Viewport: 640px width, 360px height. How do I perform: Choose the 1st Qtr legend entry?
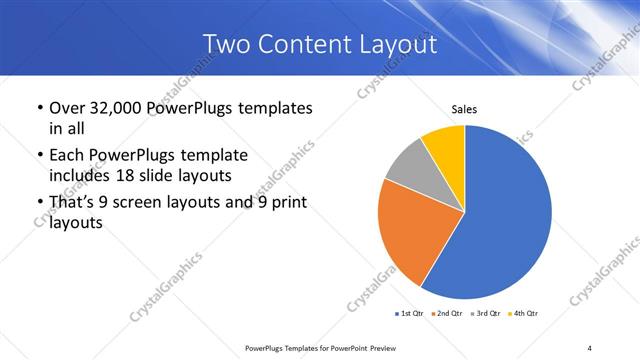coord(409,314)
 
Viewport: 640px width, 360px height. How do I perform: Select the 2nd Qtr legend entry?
coord(446,314)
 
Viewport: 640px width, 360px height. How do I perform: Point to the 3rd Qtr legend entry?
coord(485,314)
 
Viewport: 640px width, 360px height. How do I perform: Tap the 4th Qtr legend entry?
coord(524,314)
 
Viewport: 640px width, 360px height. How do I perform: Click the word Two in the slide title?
coord(225,44)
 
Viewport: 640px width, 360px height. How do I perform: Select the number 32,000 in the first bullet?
coord(124,108)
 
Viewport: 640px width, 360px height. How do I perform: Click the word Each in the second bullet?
coord(66,156)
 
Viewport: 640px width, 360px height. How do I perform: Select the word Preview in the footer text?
coord(382,347)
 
